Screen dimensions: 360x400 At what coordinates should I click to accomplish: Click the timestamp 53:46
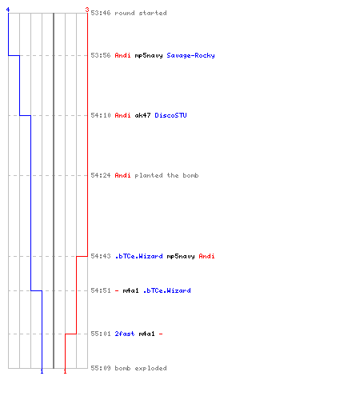[101, 13]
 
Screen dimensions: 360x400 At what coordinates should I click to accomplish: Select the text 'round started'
[141, 13]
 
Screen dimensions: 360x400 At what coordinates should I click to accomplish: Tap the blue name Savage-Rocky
[190, 55]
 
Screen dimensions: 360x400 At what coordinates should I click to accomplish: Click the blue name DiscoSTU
[170, 115]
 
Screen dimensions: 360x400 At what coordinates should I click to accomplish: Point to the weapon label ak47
[142, 115]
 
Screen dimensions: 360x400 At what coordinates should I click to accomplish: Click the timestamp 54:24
[101, 175]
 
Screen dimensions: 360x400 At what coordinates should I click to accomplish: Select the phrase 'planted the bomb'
[166, 175]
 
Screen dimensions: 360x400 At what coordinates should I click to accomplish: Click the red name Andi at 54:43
[206, 256]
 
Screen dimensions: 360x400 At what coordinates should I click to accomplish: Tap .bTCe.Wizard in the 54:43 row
[138, 256]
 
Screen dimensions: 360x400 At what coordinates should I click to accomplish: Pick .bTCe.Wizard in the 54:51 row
[167, 290]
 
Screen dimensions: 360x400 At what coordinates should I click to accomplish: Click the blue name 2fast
[125, 334]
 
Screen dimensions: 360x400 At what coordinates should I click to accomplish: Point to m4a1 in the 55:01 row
[146, 334]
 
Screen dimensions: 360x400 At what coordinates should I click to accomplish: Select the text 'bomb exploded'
[141, 368]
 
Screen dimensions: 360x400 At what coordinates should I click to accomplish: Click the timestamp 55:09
[101, 368]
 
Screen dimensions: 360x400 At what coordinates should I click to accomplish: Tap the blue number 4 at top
[8, 10]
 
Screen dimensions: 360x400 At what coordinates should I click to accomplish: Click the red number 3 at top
[87, 10]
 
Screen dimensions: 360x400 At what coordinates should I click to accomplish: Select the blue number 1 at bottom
[42, 371]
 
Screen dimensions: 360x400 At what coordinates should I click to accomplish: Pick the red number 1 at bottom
[65, 371]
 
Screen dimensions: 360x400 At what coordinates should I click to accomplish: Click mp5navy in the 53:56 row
[149, 55]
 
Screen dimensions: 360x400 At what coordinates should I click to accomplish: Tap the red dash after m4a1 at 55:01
[161, 334]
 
